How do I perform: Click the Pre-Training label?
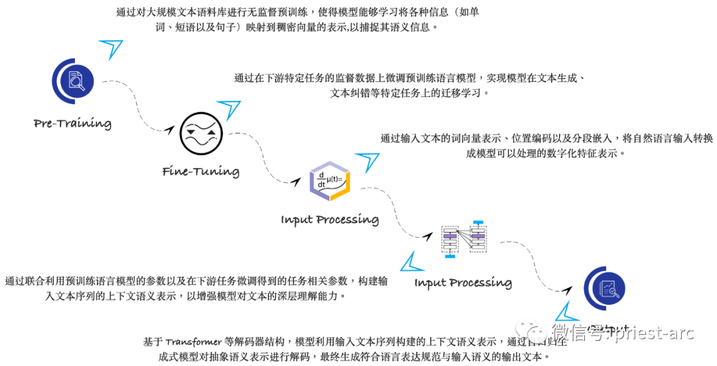tap(72, 124)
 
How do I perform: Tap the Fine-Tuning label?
tap(200, 171)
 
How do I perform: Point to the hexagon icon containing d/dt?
tap(330, 181)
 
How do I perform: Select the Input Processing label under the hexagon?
tap(329, 220)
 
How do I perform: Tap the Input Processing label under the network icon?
tap(463, 283)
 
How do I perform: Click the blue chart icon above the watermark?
tap(604, 288)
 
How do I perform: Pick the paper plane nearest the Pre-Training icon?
tap(112, 48)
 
